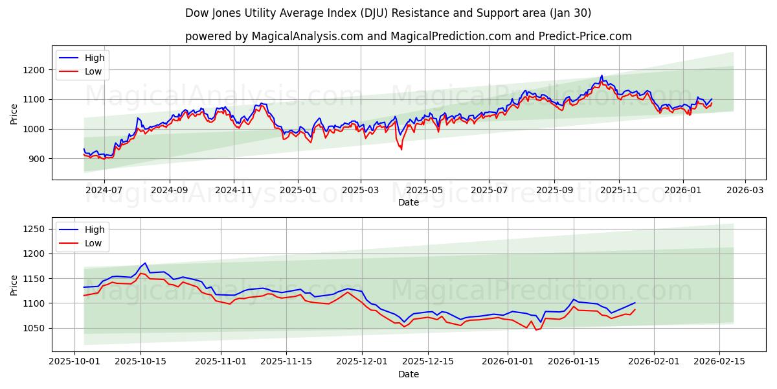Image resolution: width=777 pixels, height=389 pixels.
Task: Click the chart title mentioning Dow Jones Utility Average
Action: (x=388, y=13)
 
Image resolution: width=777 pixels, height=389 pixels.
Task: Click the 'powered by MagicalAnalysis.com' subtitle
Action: (x=408, y=36)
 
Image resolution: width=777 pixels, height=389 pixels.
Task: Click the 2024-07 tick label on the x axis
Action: (x=104, y=191)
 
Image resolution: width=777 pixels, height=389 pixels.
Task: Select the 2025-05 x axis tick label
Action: (x=425, y=191)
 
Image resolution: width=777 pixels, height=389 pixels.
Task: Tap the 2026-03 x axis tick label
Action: (x=745, y=191)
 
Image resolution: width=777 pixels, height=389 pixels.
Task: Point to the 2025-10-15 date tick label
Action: (x=141, y=362)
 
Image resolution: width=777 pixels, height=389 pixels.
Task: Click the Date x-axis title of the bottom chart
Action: (x=408, y=374)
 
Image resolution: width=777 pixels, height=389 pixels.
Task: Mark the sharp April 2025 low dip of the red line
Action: (x=401, y=149)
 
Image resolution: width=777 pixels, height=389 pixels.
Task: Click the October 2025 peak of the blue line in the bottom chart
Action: (x=145, y=263)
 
